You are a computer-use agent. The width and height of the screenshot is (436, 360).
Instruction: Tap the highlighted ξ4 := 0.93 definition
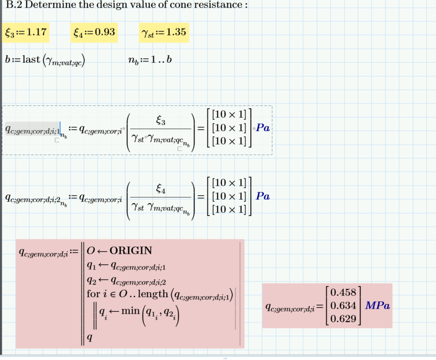[x=94, y=33]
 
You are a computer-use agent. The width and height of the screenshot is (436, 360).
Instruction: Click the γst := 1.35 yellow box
[x=164, y=33]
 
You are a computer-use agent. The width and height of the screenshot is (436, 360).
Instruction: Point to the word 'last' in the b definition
[x=31, y=60]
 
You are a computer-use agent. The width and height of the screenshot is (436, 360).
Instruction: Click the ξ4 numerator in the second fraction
[x=161, y=190]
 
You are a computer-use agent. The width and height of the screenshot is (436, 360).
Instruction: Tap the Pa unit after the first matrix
[x=263, y=128]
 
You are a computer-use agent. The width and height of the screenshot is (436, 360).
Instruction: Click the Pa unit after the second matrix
[x=263, y=196]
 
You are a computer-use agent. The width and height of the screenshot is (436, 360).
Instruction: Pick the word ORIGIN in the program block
[x=131, y=250]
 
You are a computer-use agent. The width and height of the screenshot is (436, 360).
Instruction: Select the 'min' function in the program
[x=130, y=311]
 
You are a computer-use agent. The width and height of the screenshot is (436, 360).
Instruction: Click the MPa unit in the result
[x=378, y=306]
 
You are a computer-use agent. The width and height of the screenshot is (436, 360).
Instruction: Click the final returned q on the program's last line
[x=90, y=338]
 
